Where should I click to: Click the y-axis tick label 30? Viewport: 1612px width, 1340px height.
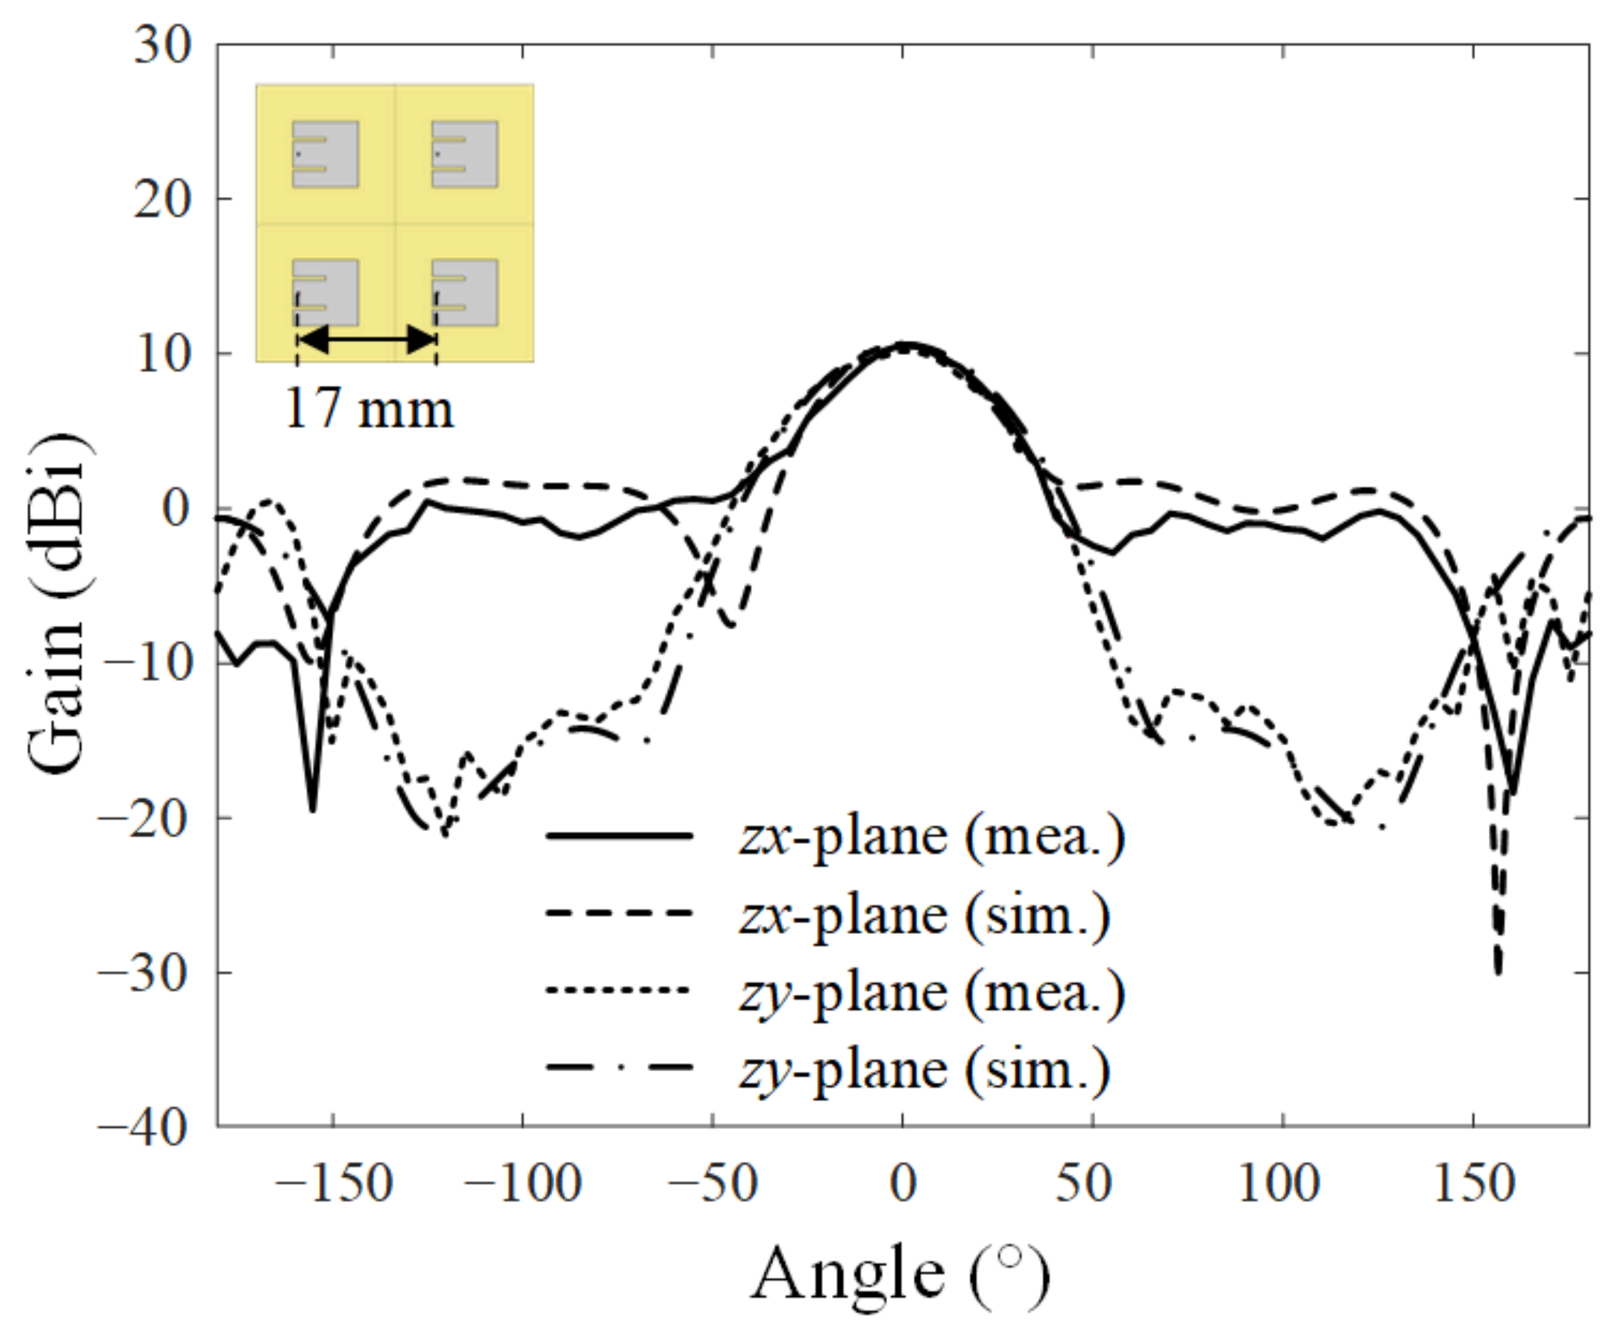(x=162, y=46)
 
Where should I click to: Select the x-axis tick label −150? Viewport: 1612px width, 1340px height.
(x=333, y=1184)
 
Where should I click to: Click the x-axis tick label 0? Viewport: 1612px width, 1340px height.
(x=903, y=1184)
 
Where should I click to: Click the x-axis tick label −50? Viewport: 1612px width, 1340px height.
(x=713, y=1184)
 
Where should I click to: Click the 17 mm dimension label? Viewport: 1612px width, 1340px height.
(x=368, y=409)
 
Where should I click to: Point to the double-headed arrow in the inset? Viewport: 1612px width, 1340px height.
(x=367, y=339)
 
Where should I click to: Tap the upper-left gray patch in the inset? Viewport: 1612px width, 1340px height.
(x=325, y=153)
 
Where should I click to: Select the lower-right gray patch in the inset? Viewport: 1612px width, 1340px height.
(x=464, y=293)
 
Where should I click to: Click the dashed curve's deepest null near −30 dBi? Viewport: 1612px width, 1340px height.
(x=1498, y=971)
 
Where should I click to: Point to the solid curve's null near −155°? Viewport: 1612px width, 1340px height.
(x=313, y=808)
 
